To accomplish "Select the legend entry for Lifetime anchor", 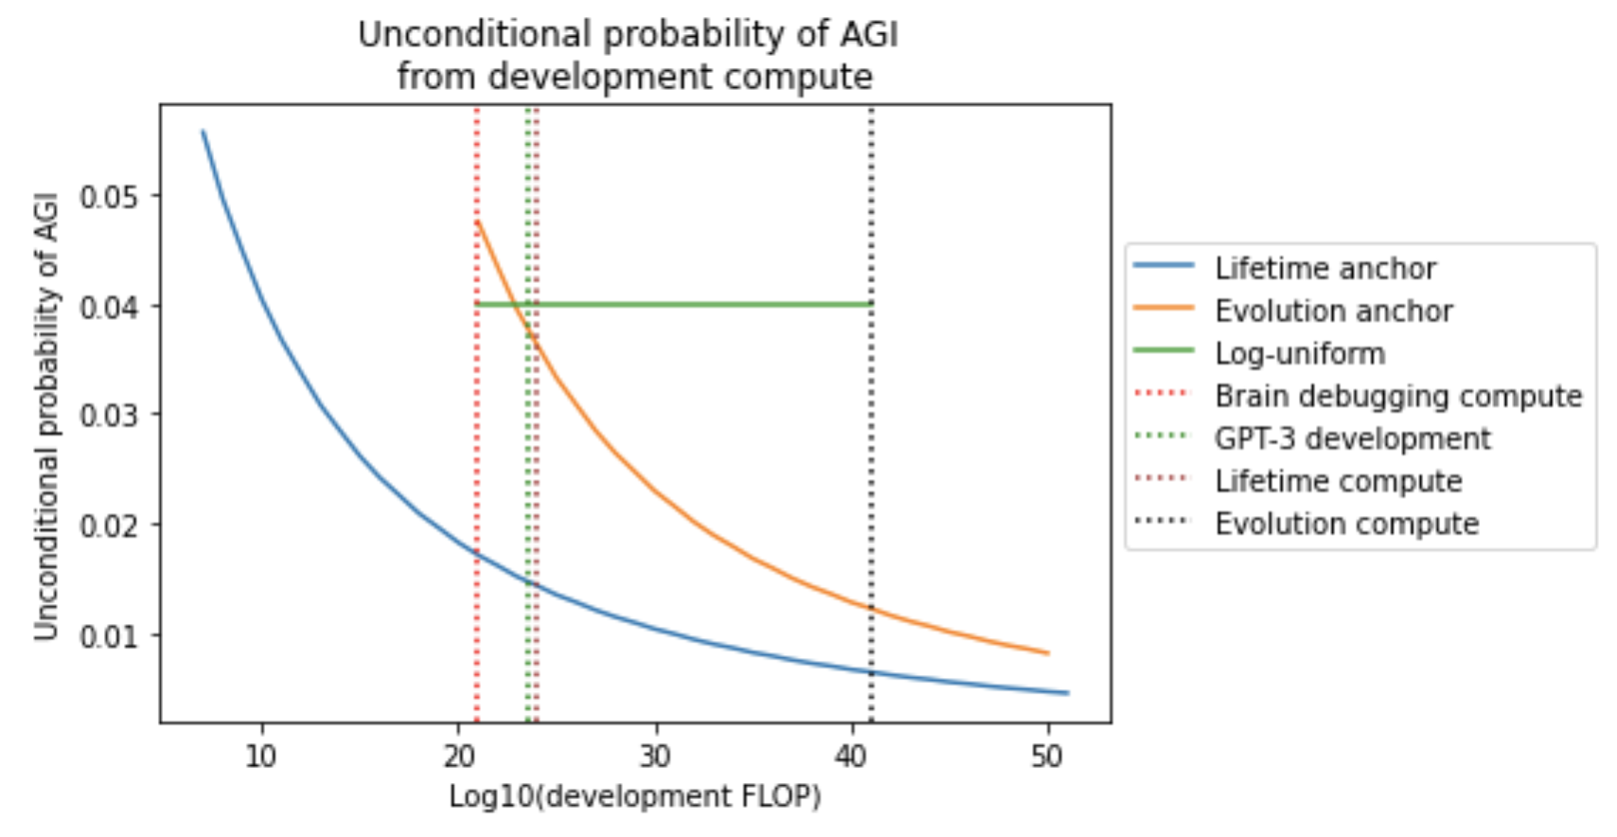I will coord(1325,269).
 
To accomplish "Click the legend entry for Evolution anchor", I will coord(1333,312).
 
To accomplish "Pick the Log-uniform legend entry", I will coord(1300,354).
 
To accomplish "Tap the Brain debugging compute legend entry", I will coord(1398,396).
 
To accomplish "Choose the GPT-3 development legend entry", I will coord(1353,438).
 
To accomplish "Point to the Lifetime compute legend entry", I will coord(1339,481).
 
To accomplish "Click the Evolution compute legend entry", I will coord(1346,524).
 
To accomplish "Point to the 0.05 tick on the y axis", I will coord(108,196).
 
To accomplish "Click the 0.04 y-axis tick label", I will coord(108,306).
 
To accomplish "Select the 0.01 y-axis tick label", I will coord(108,634).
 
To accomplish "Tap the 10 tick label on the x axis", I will coord(261,757).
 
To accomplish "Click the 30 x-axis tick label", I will coord(655,757).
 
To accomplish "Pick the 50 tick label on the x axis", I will coord(1047,757).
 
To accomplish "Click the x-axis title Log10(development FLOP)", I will coord(635,796).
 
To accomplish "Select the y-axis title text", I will coord(46,417).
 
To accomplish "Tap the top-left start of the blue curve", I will coord(203,132).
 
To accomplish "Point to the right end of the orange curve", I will coord(1047,652).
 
